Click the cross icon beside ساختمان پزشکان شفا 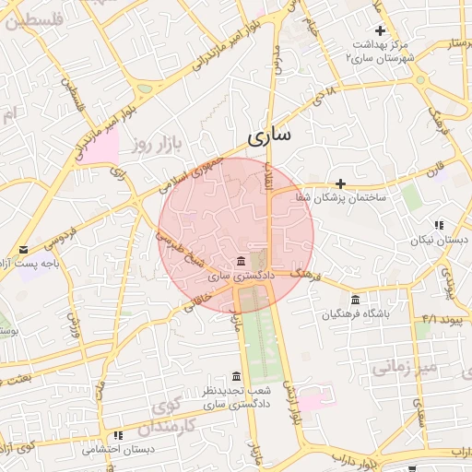(x=340, y=183)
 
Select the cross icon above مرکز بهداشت (x=379, y=30)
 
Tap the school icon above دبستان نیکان (x=440, y=225)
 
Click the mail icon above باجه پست (x=23, y=250)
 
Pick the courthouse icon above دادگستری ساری (x=241, y=260)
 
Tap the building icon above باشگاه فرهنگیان (x=356, y=299)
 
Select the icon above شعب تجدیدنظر (x=236, y=377)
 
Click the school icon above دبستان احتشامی (x=117, y=435)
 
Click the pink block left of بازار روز (x=104, y=146)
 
